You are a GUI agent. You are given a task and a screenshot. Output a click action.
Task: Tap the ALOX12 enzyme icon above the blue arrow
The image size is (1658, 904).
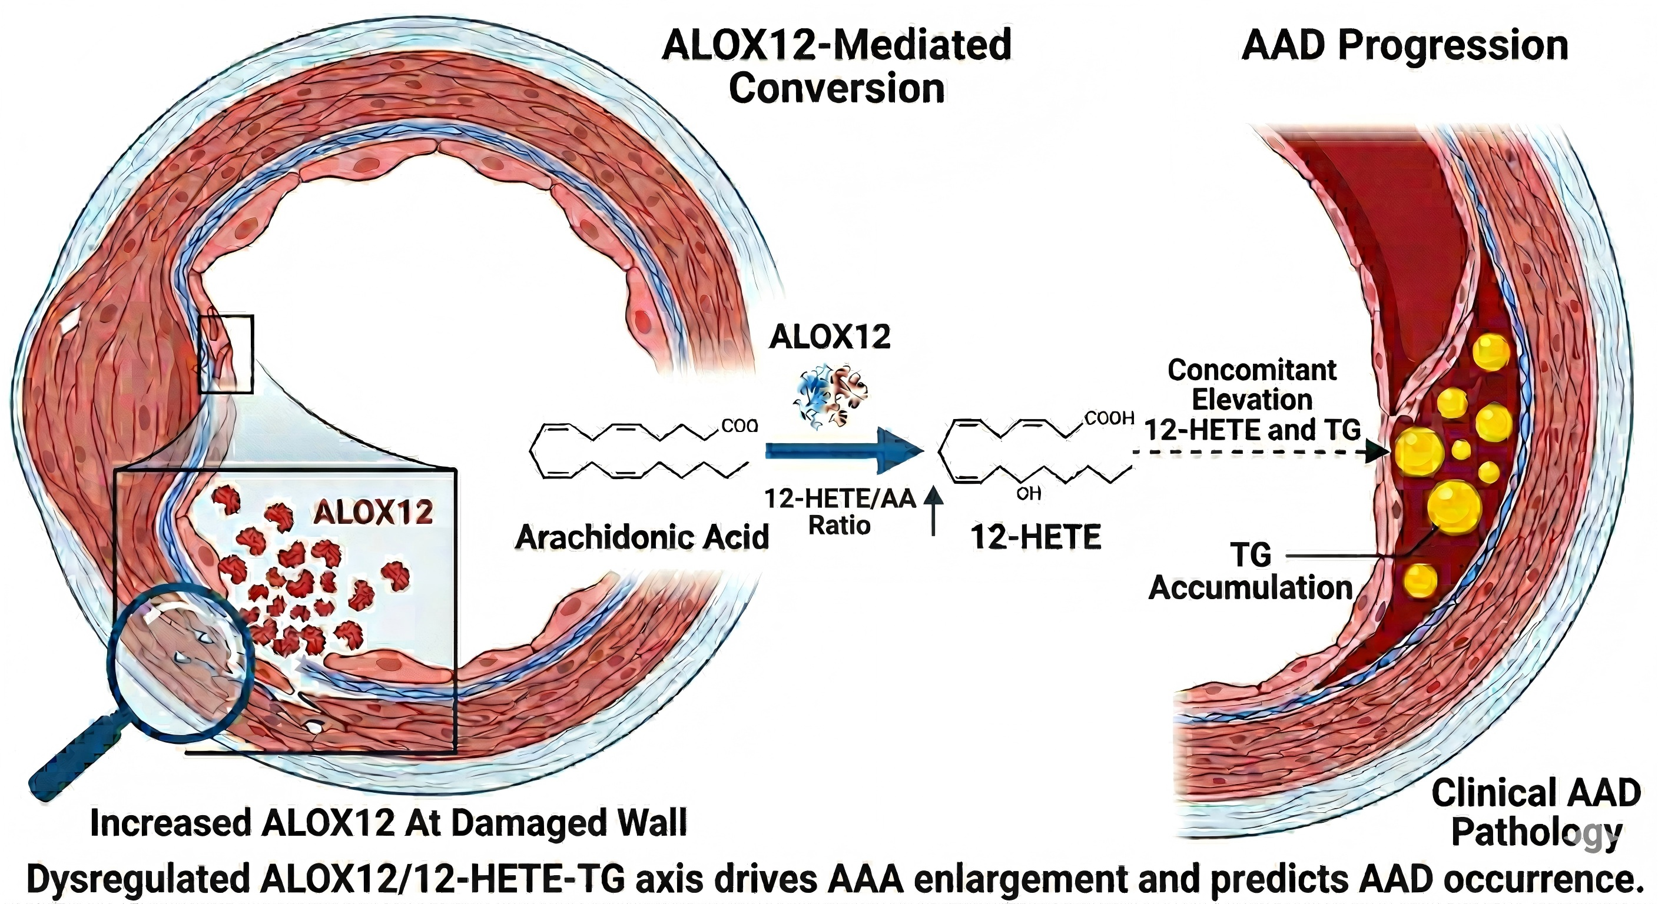point(830,395)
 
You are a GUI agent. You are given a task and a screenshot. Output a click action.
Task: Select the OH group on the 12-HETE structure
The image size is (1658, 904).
point(1029,494)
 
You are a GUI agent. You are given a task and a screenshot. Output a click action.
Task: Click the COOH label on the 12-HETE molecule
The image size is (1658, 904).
point(1109,418)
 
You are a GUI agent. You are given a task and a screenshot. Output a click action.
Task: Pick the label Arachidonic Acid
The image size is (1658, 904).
point(642,537)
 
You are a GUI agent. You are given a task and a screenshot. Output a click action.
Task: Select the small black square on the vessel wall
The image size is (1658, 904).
point(226,354)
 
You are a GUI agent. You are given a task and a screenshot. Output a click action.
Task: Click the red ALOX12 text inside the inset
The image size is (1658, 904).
point(373,512)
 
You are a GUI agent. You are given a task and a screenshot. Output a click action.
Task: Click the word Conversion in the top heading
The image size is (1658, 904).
point(837,88)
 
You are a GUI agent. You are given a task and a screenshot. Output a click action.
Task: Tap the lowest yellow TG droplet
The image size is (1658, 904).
point(1421,580)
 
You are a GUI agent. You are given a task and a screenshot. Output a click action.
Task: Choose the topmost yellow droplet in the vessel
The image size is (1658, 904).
point(1490,352)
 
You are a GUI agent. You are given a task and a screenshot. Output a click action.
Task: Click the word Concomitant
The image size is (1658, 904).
point(1252,370)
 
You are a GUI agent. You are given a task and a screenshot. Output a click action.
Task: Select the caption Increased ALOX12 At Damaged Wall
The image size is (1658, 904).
point(388,823)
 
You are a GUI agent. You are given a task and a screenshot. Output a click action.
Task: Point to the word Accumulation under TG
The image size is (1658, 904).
point(1251,587)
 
